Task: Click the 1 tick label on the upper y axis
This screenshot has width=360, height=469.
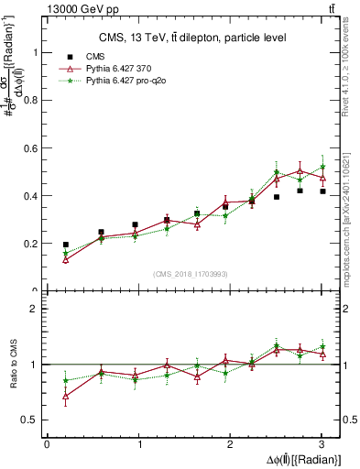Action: tap(35, 52)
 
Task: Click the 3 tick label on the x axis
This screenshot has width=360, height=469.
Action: tap(322, 444)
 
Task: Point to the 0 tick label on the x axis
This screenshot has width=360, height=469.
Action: tap(47, 444)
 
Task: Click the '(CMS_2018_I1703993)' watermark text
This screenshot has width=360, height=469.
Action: tap(191, 273)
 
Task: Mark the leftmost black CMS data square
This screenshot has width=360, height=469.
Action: tap(65, 245)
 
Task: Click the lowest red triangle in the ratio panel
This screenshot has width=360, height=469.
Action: tap(65, 396)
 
